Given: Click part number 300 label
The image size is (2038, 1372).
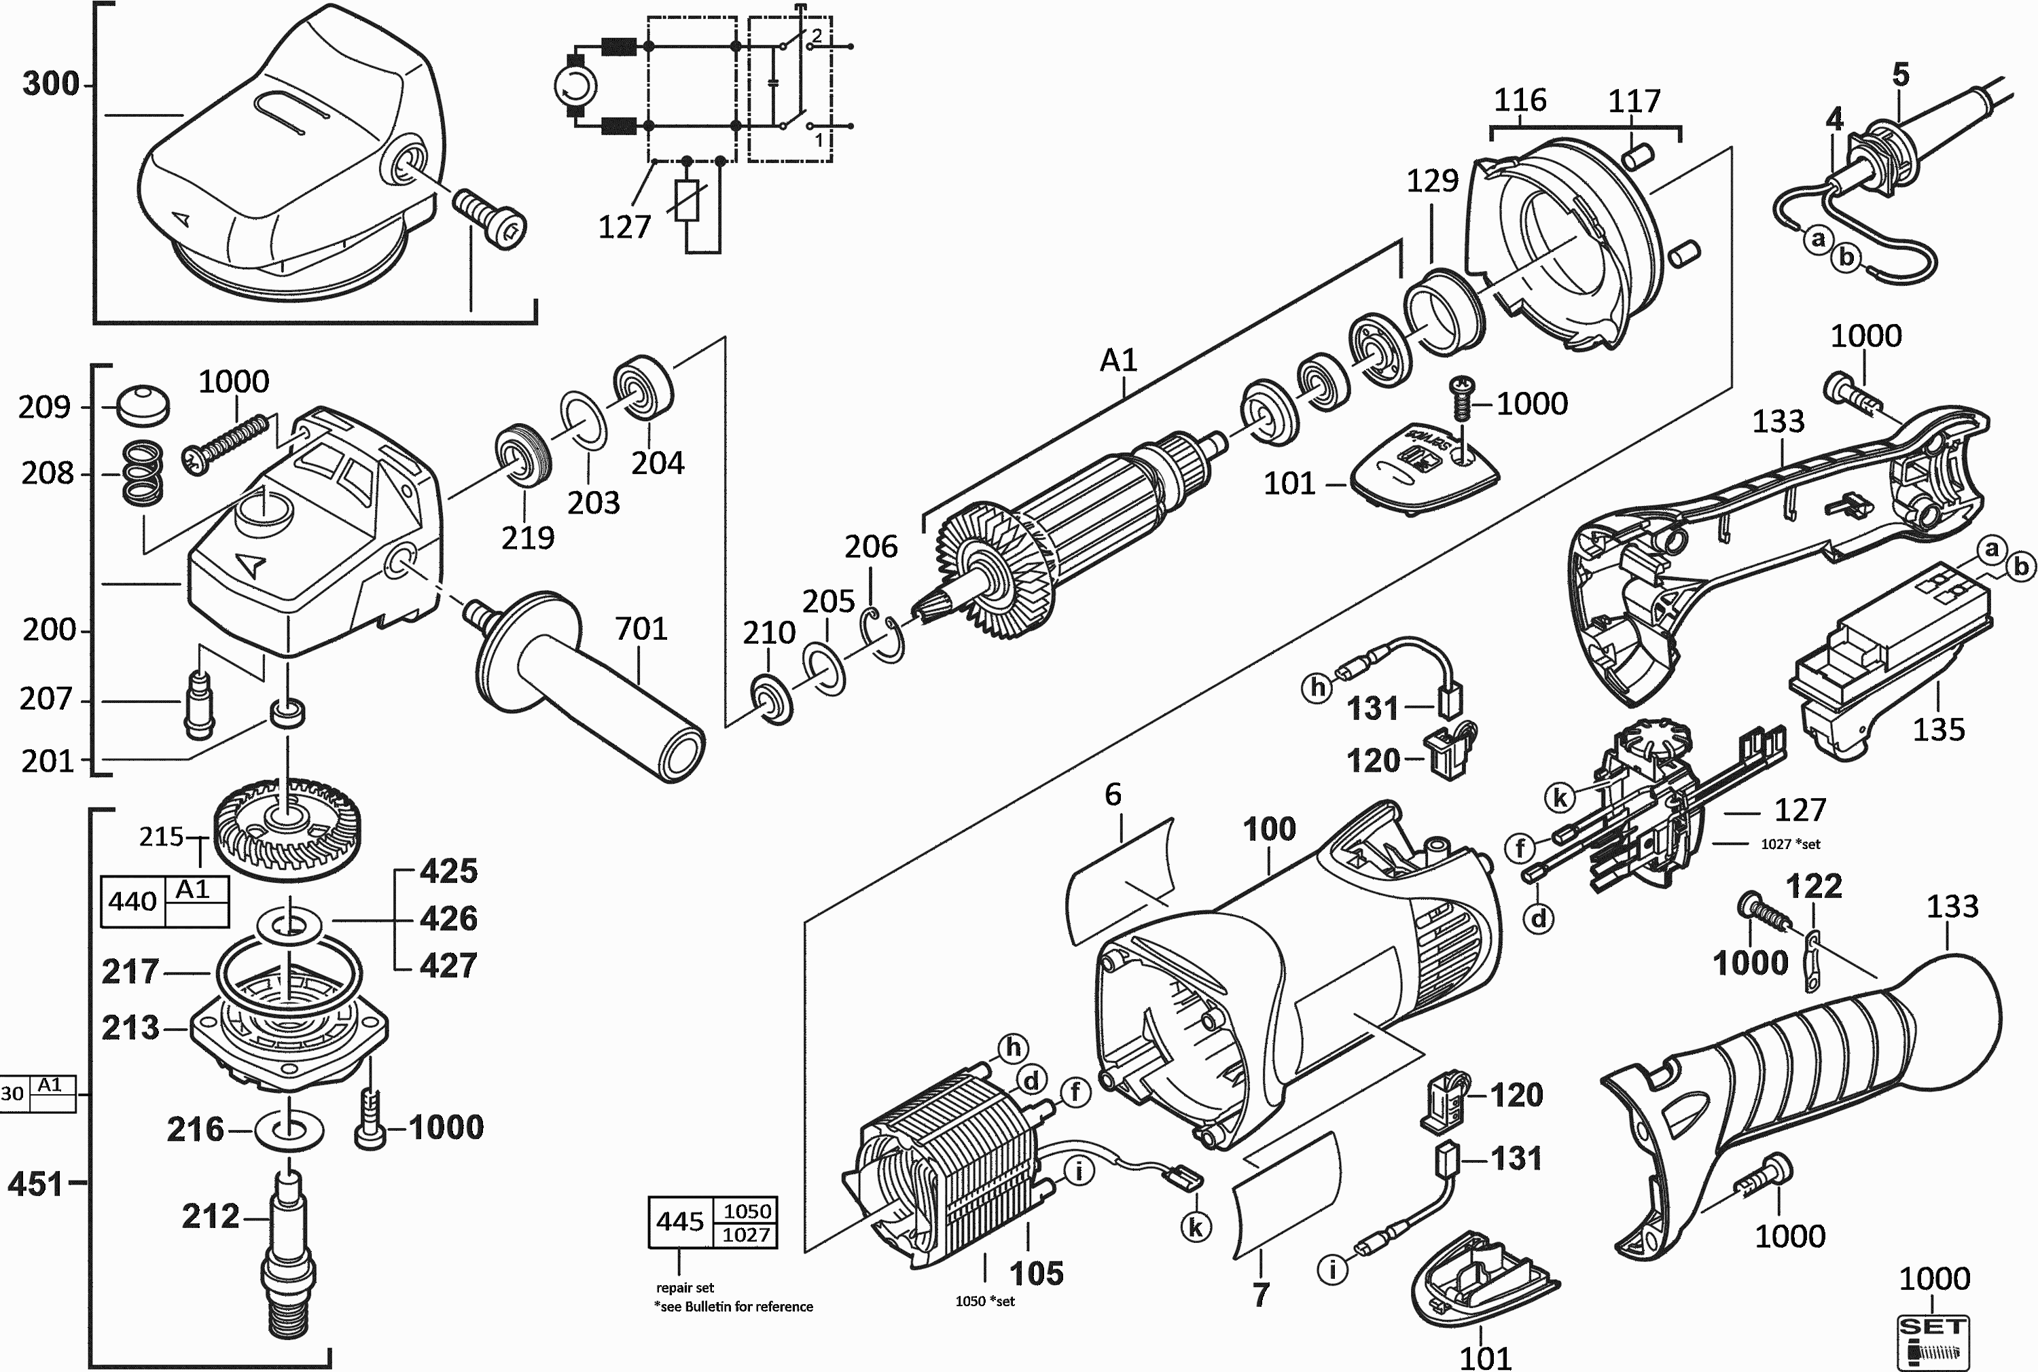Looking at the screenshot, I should point(51,84).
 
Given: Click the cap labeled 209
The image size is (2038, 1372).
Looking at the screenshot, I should point(143,404).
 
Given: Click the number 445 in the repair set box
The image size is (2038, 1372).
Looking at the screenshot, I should point(680,1221).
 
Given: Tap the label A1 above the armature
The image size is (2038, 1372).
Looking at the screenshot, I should point(1118,359).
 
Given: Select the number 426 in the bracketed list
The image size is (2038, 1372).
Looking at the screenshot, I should point(448,919).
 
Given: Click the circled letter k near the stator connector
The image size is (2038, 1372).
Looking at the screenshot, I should point(1196,1227).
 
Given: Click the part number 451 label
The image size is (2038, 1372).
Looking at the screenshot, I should point(35,1184).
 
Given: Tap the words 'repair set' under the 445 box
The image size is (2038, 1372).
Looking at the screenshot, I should point(685,1287).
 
